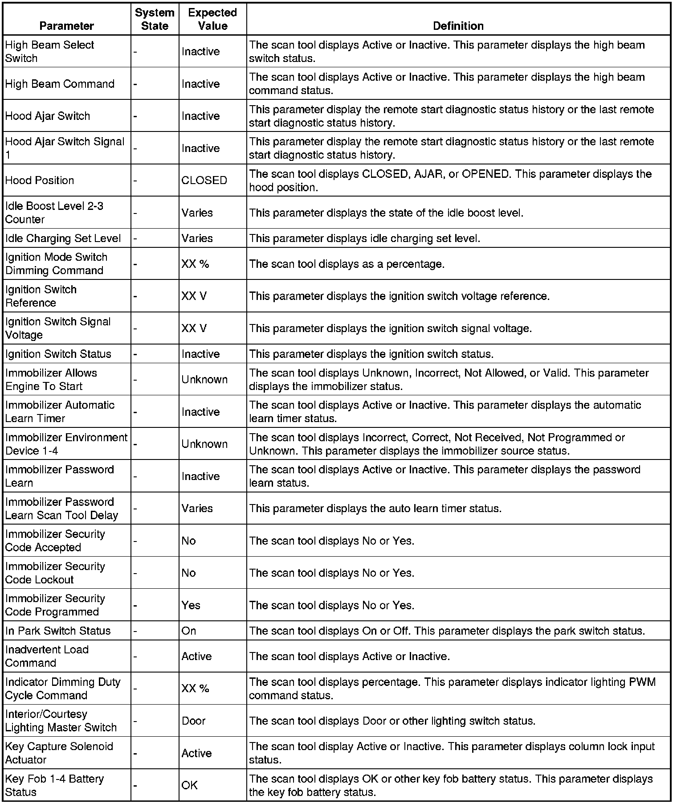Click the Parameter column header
[x=66, y=26]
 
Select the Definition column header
[x=458, y=26]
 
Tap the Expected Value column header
[x=212, y=19]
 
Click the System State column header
[x=155, y=19]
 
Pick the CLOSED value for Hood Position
[x=204, y=180]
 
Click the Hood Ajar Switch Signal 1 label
[x=65, y=148]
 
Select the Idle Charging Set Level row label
[x=63, y=238]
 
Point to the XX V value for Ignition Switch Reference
[x=194, y=296]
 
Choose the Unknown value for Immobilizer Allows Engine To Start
[x=204, y=380]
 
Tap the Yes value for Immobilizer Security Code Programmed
[x=191, y=606]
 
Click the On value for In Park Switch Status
[x=188, y=631]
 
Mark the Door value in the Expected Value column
[x=193, y=721]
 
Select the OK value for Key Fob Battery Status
[x=189, y=785]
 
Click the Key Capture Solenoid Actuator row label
[x=59, y=753]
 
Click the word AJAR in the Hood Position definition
[x=428, y=174]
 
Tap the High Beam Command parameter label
[x=60, y=84]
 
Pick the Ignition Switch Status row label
[x=58, y=354]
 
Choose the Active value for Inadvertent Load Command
[x=196, y=656]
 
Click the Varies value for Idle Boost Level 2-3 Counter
[x=197, y=213]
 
